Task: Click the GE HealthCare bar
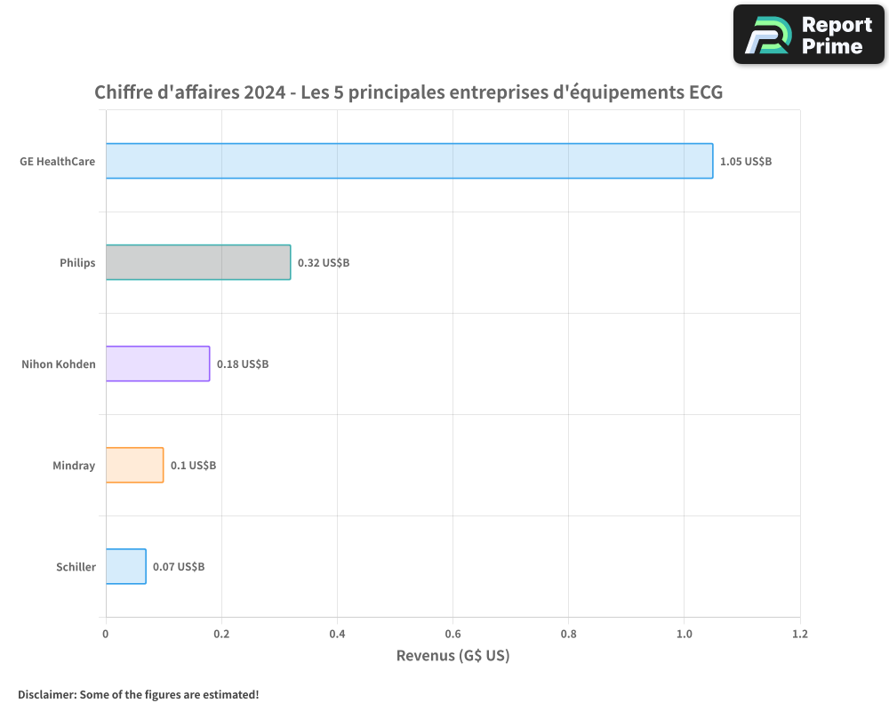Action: (409, 161)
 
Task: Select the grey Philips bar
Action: (198, 262)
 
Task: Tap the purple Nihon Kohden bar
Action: (157, 363)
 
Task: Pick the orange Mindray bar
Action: (134, 465)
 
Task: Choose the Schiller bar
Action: (125, 566)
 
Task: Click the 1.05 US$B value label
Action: (746, 162)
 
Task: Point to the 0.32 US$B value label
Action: (324, 263)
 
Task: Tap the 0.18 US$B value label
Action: (243, 364)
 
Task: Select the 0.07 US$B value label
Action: (179, 567)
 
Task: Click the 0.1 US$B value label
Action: (193, 466)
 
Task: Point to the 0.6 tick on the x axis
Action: (453, 635)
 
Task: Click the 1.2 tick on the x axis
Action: (799, 635)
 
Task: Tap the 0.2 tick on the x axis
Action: (221, 635)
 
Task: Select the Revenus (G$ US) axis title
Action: (453, 656)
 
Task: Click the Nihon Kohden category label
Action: (59, 364)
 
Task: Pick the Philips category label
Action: (77, 263)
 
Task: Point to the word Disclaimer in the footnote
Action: (45, 694)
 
